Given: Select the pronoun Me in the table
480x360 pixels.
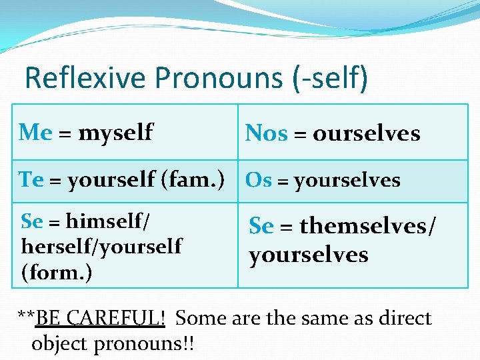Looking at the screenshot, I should tap(35, 132).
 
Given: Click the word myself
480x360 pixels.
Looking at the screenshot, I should tap(115, 133).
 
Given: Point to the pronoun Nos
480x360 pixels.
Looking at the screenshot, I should tap(266, 133).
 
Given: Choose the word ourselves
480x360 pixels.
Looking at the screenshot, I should tap(366, 133).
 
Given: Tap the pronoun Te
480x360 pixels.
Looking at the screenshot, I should tap(31, 179).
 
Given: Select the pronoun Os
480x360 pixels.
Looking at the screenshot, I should tap(258, 180).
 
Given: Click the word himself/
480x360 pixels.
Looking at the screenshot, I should tap(112, 219).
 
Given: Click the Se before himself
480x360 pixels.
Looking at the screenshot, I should tap(32, 219).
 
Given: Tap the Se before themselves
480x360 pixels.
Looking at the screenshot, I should tap(261, 227).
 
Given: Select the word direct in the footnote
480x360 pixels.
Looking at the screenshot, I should tap(405, 318).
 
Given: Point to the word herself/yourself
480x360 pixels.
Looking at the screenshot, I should tap(101, 247).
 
